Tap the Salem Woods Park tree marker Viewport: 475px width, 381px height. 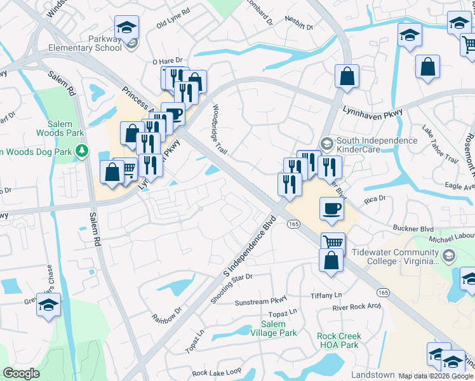81,150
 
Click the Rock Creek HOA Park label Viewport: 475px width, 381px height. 339,340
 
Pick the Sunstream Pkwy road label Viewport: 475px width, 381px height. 261,300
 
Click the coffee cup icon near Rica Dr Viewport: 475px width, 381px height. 332,209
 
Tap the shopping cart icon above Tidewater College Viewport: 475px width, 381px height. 333,243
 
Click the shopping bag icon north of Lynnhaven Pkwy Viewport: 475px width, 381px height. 347,76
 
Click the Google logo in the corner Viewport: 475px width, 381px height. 21,373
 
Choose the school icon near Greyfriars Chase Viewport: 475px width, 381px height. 49,305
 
